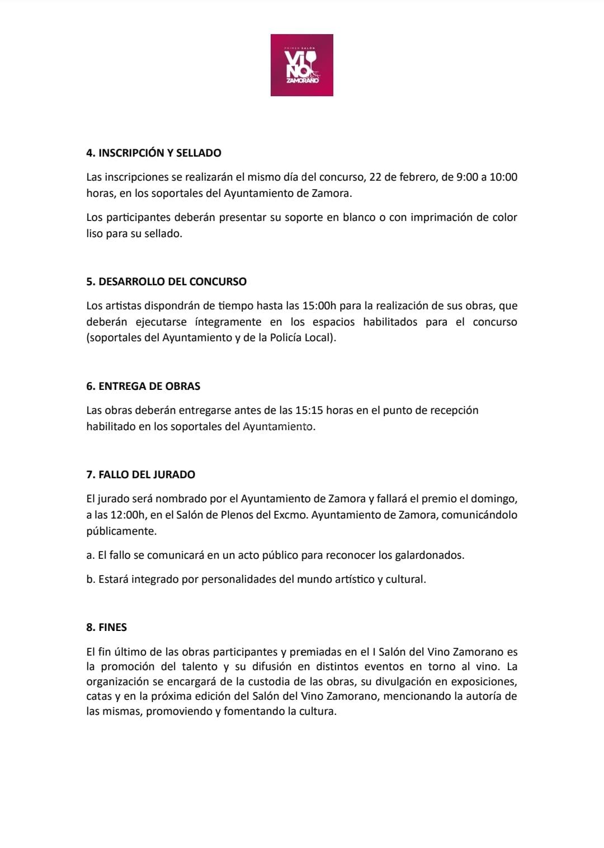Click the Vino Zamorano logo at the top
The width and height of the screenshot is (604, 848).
(x=301, y=65)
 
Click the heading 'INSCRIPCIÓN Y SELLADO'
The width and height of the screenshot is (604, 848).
(x=154, y=153)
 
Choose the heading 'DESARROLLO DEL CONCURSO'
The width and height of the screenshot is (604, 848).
(x=167, y=281)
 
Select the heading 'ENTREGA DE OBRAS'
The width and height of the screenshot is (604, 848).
(x=143, y=386)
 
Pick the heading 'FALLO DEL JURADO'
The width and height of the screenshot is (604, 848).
(x=141, y=474)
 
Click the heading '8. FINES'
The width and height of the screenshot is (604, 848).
(x=107, y=627)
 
